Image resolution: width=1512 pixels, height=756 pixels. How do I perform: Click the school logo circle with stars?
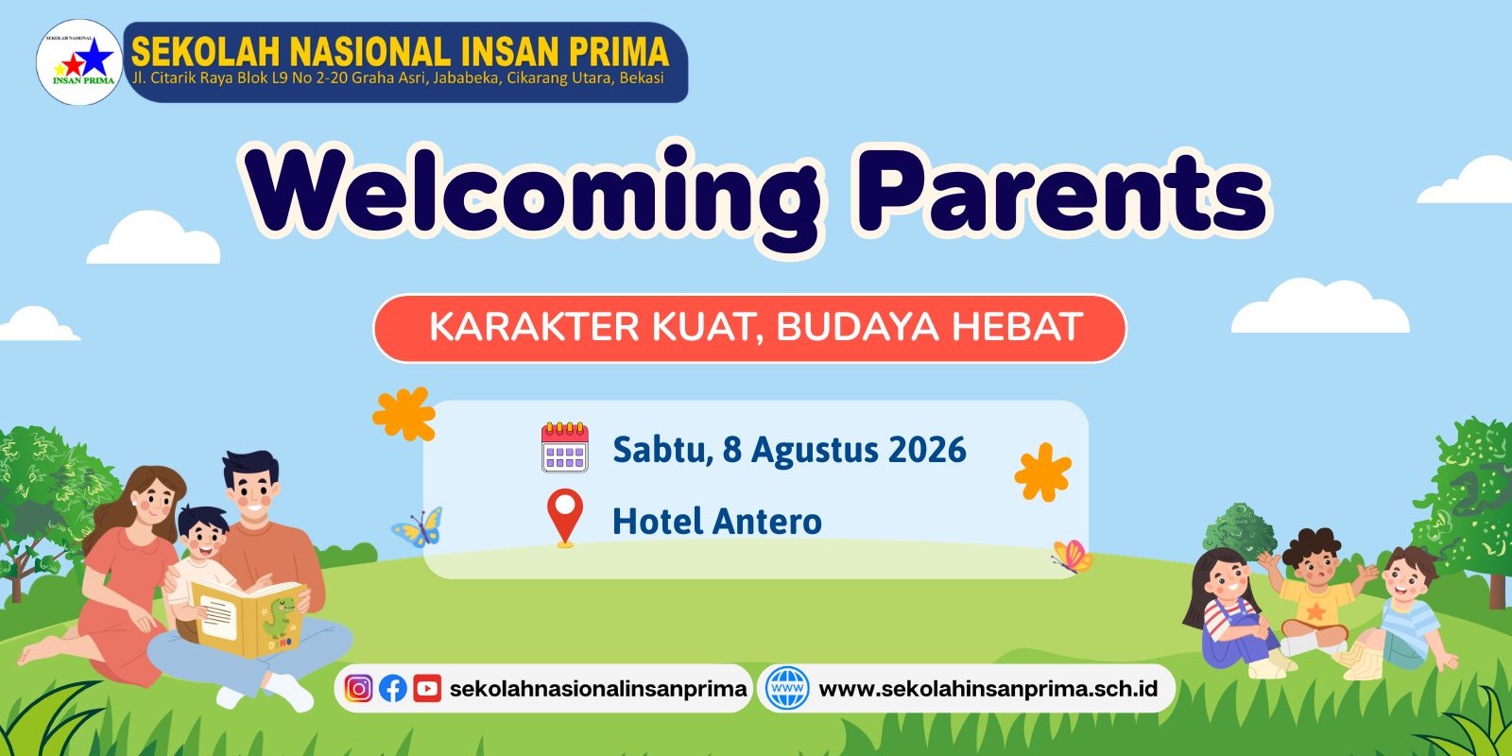(x=79, y=62)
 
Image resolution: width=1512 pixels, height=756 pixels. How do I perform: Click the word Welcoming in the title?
(x=533, y=195)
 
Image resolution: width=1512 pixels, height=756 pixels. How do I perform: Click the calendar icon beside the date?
(x=565, y=447)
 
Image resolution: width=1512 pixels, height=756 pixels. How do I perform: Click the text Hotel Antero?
(x=717, y=522)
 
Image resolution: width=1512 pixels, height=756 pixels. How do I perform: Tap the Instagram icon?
(x=358, y=689)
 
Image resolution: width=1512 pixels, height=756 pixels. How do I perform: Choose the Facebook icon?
(x=393, y=689)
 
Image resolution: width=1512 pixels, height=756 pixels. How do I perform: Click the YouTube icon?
(x=427, y=689)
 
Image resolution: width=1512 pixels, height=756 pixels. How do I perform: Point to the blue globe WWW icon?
(x=787, y=688)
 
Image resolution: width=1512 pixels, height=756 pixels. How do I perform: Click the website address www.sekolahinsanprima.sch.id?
(x=988, y=689)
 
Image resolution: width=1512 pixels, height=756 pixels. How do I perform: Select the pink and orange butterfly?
(x=1073, y=557)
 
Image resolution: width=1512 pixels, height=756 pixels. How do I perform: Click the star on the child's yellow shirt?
(x=1314, y=611)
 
